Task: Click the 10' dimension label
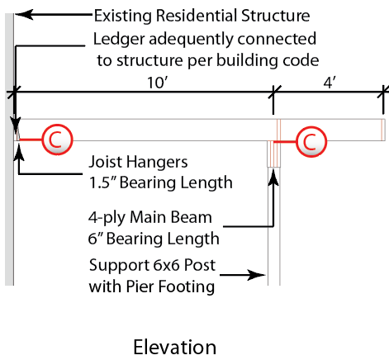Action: [158, 83]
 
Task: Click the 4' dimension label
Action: [330, 83]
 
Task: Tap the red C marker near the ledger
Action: [57, 140]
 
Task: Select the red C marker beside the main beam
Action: [311, 142]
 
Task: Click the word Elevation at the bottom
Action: [175, 347]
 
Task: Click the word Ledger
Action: [119, 40]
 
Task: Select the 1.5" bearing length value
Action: [102, 182]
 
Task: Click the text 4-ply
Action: [107, 218]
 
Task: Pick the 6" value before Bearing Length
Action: [95, 239]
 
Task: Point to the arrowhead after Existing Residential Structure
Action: [24, 14]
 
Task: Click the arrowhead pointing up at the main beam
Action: [273, 178]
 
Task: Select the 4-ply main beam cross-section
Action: [273, 154]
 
